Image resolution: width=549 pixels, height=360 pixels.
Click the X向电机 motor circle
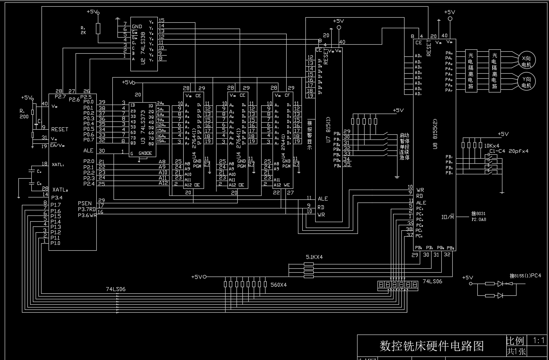click(x=526, y=60)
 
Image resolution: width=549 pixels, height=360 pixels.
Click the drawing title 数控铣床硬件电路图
click(x=432, y=346)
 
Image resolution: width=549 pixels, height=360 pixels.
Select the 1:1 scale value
click(x=539, y=340)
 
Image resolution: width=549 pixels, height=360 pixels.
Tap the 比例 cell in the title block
click(x=515, y=340)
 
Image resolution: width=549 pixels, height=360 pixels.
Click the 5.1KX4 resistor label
click(x=314, y=257)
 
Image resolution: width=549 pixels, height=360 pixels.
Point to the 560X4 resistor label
click(x=278, y=285)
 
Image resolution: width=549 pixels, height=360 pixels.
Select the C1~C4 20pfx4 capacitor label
click(x=509, y=151)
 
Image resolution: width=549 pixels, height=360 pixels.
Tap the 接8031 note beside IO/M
click(x=479, y=213)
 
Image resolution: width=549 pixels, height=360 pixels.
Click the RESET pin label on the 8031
click(x=60, y=129)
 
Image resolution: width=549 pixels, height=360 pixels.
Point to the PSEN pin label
click(x=85, y=203)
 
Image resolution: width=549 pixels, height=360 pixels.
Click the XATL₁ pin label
click(x=58, y=165)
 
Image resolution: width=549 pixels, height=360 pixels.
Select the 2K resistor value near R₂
click(x=83, y=33)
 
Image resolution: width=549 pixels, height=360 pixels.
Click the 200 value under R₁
click(x=24, y=116)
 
